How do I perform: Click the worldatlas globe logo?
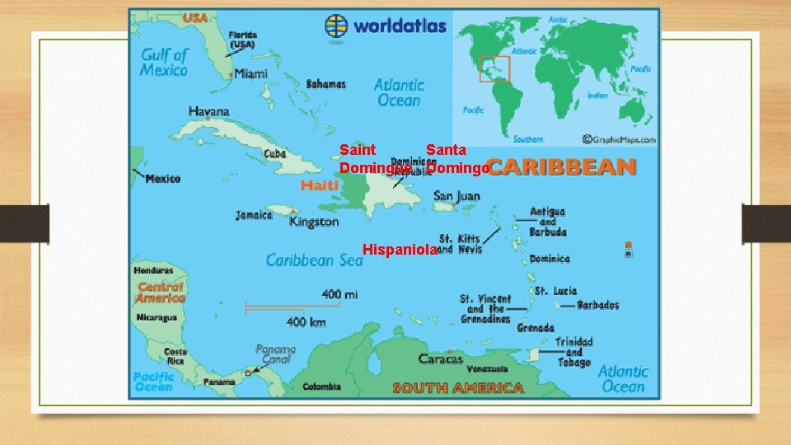point(337,26)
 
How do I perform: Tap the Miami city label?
point(250,73)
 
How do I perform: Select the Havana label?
point(209,111)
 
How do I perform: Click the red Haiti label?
point(319,186)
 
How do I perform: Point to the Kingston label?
point(314,222)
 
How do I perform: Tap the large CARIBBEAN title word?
point(560,167)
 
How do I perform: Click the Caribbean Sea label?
point(314,260)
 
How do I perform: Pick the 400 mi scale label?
point(339,294)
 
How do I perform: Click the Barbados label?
point(598,306)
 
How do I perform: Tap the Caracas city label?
point(441,358)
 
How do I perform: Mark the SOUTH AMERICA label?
point(457,387)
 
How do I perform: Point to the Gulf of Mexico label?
point(164,62)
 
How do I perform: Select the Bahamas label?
point(325,84)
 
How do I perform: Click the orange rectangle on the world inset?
point(495,68)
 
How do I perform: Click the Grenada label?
point(535,328)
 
